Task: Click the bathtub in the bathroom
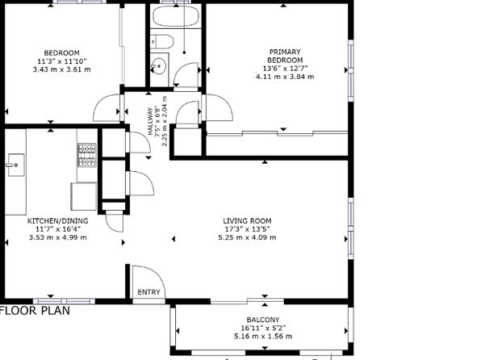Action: [176, 16]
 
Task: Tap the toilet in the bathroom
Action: [162, 41]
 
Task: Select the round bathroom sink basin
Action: [159, 66]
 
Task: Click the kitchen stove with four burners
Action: [87, 155]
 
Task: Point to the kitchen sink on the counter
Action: [16, 165]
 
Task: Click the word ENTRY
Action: [148, 292]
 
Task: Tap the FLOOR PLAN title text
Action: [35, 311]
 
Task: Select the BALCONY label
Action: [263, 320]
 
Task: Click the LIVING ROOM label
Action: [247, 221]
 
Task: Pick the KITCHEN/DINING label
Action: [57, 221]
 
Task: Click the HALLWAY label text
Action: [150, 121]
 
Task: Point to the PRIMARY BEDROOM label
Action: [285, 56]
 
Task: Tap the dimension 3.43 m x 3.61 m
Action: [61, 69]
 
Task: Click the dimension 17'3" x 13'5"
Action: [247, 229]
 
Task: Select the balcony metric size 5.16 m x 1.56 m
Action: [263, 337]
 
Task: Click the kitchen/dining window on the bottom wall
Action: [64, 301]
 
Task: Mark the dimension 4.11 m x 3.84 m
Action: [285, 77]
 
